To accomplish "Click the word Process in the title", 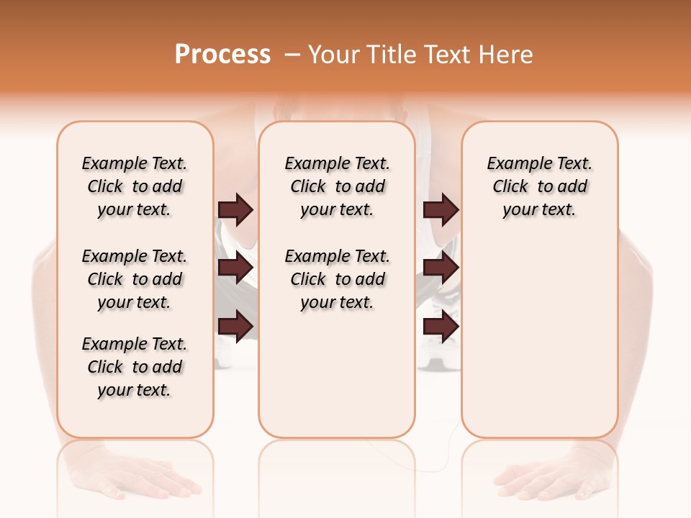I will [x=222, y=55].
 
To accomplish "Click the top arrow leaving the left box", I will [x=235, y=209].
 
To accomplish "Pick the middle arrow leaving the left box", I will [x=235, y=268].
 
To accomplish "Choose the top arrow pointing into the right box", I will [x=441, y=209].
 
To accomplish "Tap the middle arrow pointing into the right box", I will [x=441, y=268].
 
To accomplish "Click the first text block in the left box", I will [x=135, y=186].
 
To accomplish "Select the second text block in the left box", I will [x=135, y=279].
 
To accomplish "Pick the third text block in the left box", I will [x=135, y=367].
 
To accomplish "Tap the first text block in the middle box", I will [x=337, y=186].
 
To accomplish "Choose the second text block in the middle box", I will [x=337, y=279].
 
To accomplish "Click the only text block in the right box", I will [x=539, y=186].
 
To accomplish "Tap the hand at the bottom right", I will [x=547, y=478].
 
